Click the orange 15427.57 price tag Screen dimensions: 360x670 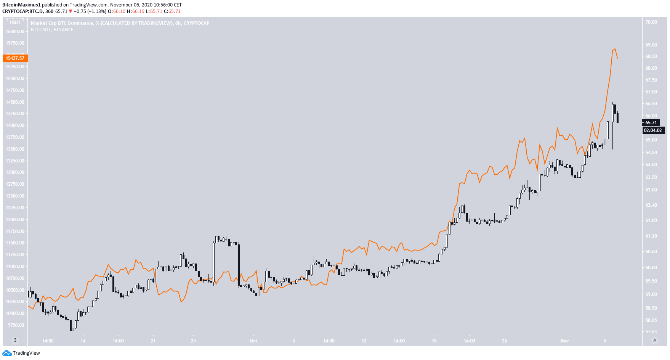click(x=15, y=58)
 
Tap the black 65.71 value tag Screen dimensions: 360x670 click(x=651, y=123)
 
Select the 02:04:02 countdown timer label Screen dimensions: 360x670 click(x=653, y=130)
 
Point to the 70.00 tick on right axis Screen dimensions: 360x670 click(x=651, y=22)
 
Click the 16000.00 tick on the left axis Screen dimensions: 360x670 click(x=15, y=32)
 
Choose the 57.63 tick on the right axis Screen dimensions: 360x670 click(x=651, y=332)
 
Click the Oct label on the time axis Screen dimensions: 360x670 click(x=253, y=341)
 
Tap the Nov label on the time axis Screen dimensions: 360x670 click(x=564, y=341)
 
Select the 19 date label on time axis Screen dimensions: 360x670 click(x=434, y=341)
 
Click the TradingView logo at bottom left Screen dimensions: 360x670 click(x=21, y=353)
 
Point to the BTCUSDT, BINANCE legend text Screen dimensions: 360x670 click(x=52, y=30)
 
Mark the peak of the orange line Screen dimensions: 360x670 click(x=614, y=49)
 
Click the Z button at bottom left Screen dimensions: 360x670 click(x=15, y=340)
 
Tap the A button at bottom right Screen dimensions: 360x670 click(x=655, y=340)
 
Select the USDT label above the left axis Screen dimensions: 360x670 click(x=15, y=22)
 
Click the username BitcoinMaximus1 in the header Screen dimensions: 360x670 click(x=21, y=5)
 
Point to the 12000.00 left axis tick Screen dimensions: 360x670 click(x=15, y=220)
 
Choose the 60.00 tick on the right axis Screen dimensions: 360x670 click(x=651, y=268)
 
